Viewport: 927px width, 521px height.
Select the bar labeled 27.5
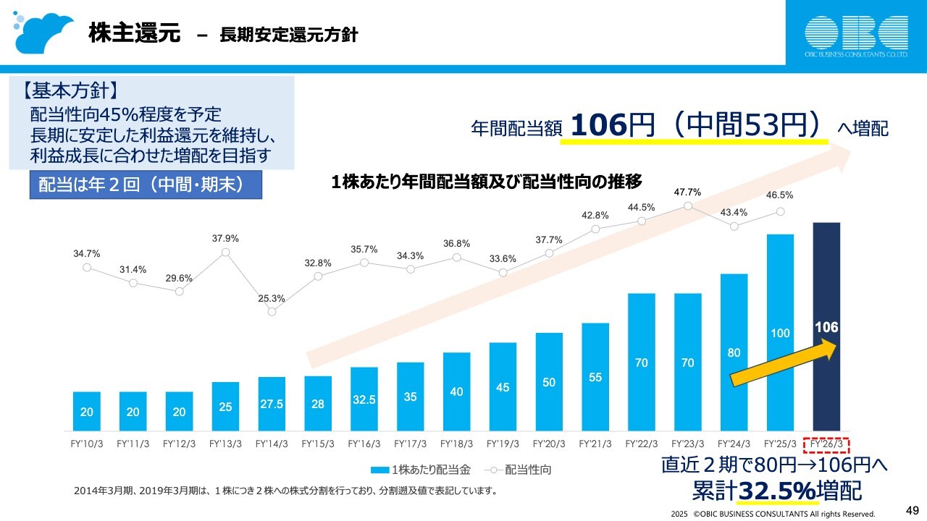click(272, 403)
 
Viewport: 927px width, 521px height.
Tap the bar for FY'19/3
click(503, 387)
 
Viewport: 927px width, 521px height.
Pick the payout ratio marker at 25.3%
click(272, 312)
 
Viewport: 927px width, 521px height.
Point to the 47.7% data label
click(687, 192)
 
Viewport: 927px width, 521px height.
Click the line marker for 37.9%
click(225, 253)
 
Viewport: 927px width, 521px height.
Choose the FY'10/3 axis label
click(86, 444)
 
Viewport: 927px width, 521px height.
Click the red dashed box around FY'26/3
click(826, 444)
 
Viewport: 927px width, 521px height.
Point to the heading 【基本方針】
click(70, 93)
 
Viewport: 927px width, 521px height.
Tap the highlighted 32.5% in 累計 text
click(776, 491)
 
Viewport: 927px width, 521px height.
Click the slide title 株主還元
click(135, 33)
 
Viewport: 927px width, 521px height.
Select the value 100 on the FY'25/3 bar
click(780, 334)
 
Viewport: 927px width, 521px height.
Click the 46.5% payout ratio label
click(780, 195)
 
